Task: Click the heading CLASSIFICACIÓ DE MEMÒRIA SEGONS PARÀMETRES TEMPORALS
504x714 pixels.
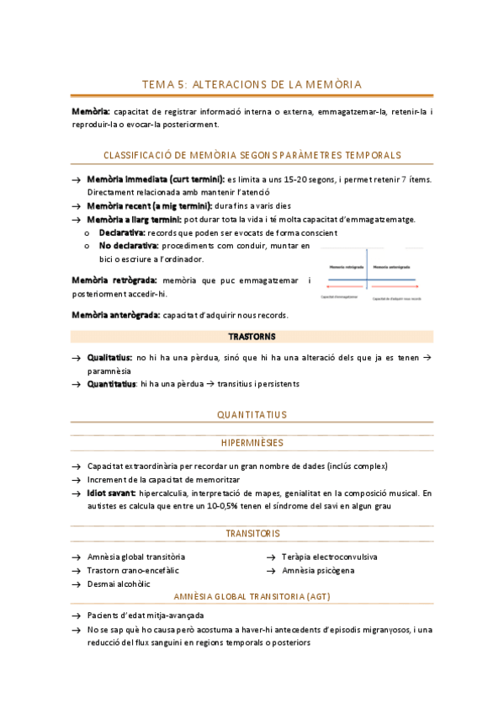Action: pyautogui.click(x=252, y=155)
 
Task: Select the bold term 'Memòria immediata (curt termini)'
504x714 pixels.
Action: pyautogui.click(x=155, y=179)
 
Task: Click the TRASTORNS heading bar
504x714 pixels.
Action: pyautogui.click(x=252, y=336)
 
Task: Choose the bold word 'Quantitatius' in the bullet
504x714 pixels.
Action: pyautogui.click(x=112, y=384)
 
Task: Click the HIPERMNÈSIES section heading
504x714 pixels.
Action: pyautogui.click(x=252, y=443)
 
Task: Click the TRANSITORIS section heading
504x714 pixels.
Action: pyautogui.click(x=252, y=534)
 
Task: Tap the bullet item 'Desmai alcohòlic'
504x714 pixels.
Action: pyautogui.click(x=119, y=583)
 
